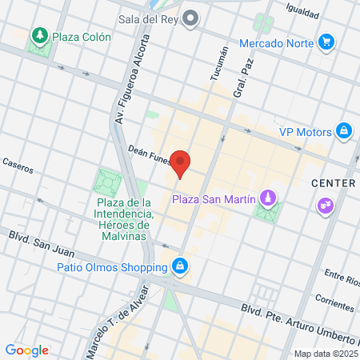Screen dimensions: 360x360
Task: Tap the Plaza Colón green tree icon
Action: click(x=38, y=36)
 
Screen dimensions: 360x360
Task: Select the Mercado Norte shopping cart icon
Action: click(x=326, y=42)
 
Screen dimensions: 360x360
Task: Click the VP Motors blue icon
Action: click(x=343, y=130)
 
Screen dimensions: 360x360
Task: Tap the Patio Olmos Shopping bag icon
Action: click(x=182, y=265)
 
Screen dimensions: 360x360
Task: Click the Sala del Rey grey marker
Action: click(x=190, y=17)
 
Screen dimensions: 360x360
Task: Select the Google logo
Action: click(x=26, y=350)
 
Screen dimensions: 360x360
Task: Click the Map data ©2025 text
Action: click(x=324, y=354)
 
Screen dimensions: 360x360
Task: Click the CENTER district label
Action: click(x=333, y=183)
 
